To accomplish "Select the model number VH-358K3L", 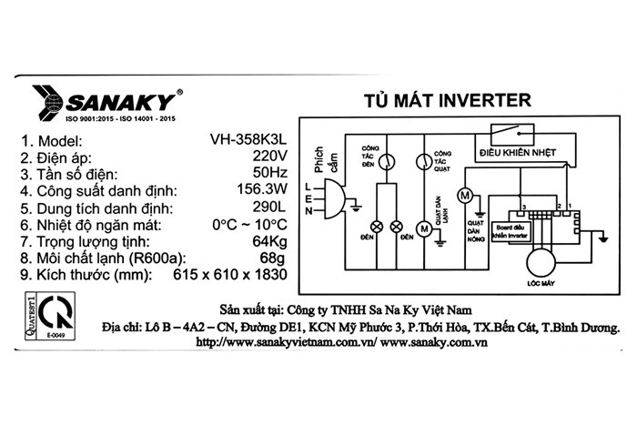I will pyautogui.click(x=248, y=140).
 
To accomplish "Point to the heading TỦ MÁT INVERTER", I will pyautogui.click(x=439, y=98).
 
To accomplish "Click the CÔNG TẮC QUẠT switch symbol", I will pyautogui.click(x=422, y=161).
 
